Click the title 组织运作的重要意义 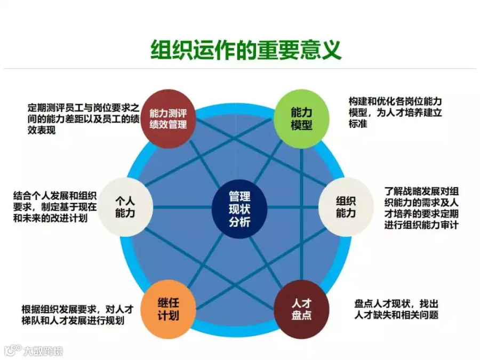pyautogui.click(x=246, y=50)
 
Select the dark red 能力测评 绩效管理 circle pyautogui.click(x=168, y=119)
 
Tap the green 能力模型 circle pyautogui.click(x=301, y=119)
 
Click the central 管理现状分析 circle pyautogui.click(x=239, y=209)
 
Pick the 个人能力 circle pyautogui.click(x=125, y=207)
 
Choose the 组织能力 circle pyautogui.click(x=346, y=207)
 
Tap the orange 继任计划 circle pyautogui.click(x=168, y=309)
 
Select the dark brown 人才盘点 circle pyautogui.click(x=301, y=309)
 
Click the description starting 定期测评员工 pyautogui.click(x=83, y=119)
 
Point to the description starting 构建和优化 pyautogui.click(x=395, y=113)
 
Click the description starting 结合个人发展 pyautogui.click(x=55, y=207)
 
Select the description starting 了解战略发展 pyautogui.click(x=421, y=208)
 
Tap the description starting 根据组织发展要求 pyautogui.click(x=77, y=315)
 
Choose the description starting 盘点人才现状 pyautogui.click(x=396, y=309)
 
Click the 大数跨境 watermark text pyautogui.click(x=43, y=351)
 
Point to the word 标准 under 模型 pyautogui.click(x=358, y=124)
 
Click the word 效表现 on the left pyautogui.click(x=41, y=130)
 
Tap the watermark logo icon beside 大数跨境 pyautogui.click(x=13, y=350)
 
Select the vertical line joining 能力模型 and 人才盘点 pyautogui.click(x=301, y=214)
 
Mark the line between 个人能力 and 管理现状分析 pyautogui.click(x=182, y=207)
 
